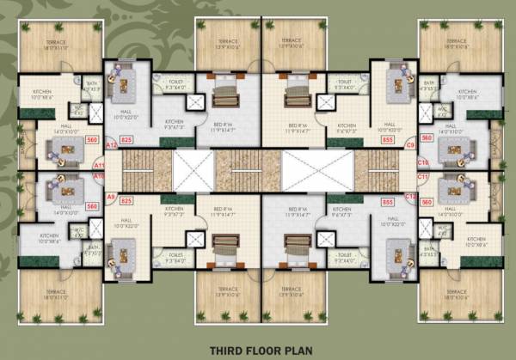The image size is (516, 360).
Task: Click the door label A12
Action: (111, 147)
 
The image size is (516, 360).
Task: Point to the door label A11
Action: (98, 165)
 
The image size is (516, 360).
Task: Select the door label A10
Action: (98, 176)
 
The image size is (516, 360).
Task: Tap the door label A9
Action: (111, 197)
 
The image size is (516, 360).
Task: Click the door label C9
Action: (410, 145)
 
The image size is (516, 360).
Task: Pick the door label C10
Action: (422, 162)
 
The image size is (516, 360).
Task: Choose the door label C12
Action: (410, 197)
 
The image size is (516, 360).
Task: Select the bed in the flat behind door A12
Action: (225, 91)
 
